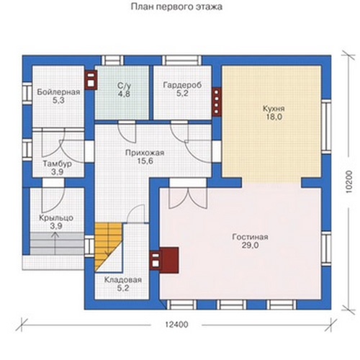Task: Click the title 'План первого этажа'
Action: point(176,6)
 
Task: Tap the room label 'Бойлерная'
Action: point(58,92)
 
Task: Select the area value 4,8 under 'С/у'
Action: point(124,94)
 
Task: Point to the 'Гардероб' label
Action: point(182,85)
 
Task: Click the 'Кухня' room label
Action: point(274,109)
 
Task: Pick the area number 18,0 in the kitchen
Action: point(274,117)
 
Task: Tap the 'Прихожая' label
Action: point(145,153)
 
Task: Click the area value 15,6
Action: point(145,161)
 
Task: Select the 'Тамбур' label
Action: point(57,164)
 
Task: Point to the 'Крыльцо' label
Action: point(56,218)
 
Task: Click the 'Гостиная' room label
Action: point(250,237)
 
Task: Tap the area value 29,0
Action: point(250,246)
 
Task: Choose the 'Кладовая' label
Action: point(123,280)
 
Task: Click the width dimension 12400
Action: point(177,325)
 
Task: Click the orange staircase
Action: point(107,247)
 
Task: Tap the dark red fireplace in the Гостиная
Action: point(164,260)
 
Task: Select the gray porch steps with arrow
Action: point(57,243)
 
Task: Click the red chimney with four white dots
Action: point(216,102)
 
